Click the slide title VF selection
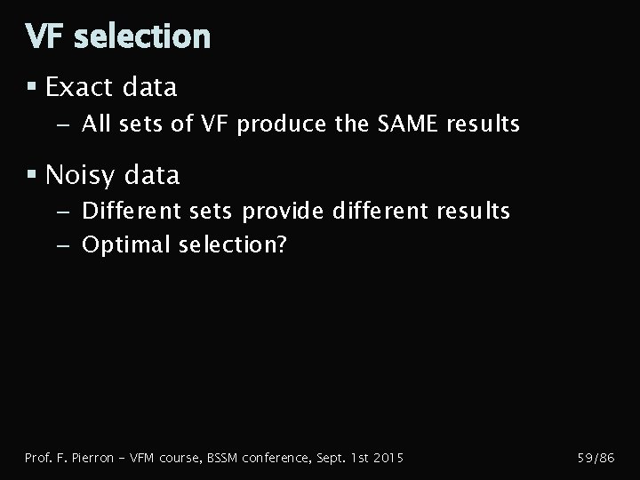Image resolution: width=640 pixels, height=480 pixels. tap(118, 36)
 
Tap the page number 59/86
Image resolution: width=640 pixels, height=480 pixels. tap(596, 458)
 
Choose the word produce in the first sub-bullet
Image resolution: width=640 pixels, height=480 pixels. tap(282, 124)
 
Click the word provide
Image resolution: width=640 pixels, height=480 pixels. tap(284, 211)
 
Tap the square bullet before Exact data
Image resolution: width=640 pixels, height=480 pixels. tap(31, 87)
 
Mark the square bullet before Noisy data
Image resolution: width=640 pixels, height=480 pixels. tap(31, 175)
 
